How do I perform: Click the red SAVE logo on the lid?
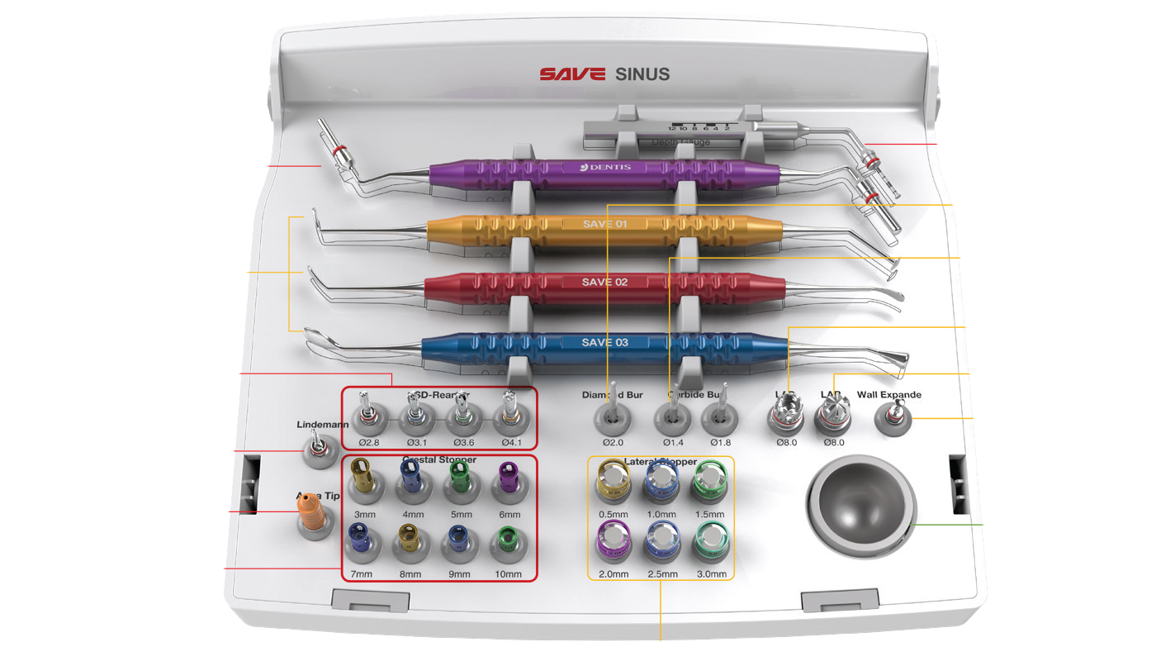click(572, 74)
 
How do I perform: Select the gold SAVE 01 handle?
click(603, 225)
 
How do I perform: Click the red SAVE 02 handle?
click(603, 283)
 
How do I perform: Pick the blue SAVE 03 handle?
click(603, 343)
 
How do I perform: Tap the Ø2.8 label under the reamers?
click(369, 443)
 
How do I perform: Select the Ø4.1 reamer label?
click(510, 443)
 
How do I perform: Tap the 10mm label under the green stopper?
click(509, 574)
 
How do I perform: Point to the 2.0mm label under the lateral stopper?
click(613, 574)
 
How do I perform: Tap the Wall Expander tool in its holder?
click(891, 417)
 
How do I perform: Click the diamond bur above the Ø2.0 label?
click(613, 411)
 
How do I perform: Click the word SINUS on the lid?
click(642, 74)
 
